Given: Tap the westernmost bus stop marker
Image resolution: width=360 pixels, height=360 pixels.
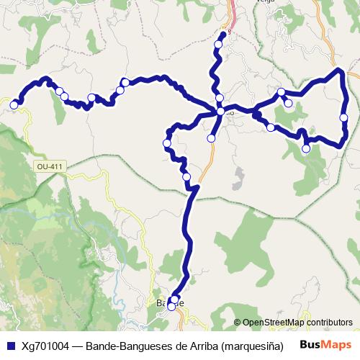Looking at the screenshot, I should pyautogui.click(x=14, y=105).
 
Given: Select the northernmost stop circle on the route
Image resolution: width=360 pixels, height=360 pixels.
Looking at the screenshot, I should pyautogui.click(x=218, y=45).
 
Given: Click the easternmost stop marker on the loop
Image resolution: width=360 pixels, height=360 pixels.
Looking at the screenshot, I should pyautogui.click(x=344, y=117).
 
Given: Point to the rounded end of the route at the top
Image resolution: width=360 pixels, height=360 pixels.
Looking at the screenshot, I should pyautogui.click(x=223, y=33).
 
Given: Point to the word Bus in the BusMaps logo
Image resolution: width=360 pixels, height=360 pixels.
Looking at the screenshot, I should pyautogui.click(x=310, y=344).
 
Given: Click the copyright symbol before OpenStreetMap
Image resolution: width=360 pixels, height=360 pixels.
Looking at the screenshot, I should pyautogui.click(x=237, y=323).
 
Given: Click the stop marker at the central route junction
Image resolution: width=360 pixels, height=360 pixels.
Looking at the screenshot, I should pyautogui.click(x=220, y=112).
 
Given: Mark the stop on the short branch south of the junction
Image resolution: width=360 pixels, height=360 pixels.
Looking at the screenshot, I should pyautogui.click(x=211, y=138).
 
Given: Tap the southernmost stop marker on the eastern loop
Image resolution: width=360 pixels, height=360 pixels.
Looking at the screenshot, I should pyautogui.click(x=306, y=149).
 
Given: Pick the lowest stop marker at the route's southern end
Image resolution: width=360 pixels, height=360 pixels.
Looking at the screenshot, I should pyautogui.click(x=171, y=307).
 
